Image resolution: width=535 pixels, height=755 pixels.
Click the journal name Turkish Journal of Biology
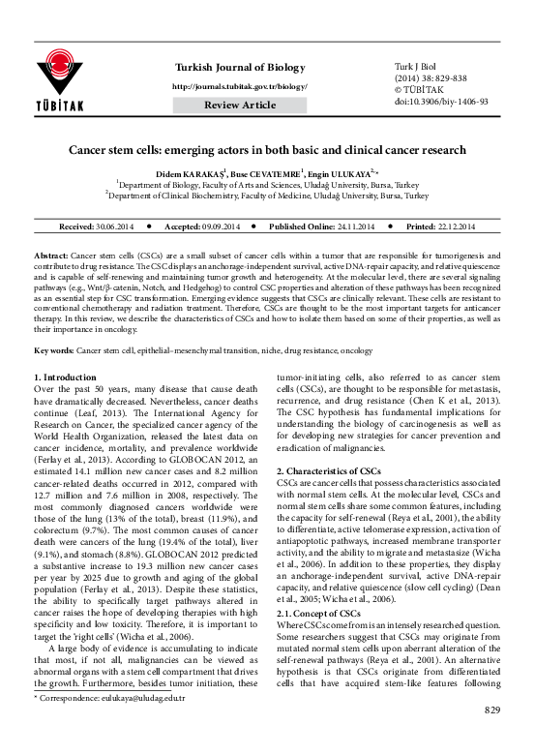pyautogui.click(x=239, y=66)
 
